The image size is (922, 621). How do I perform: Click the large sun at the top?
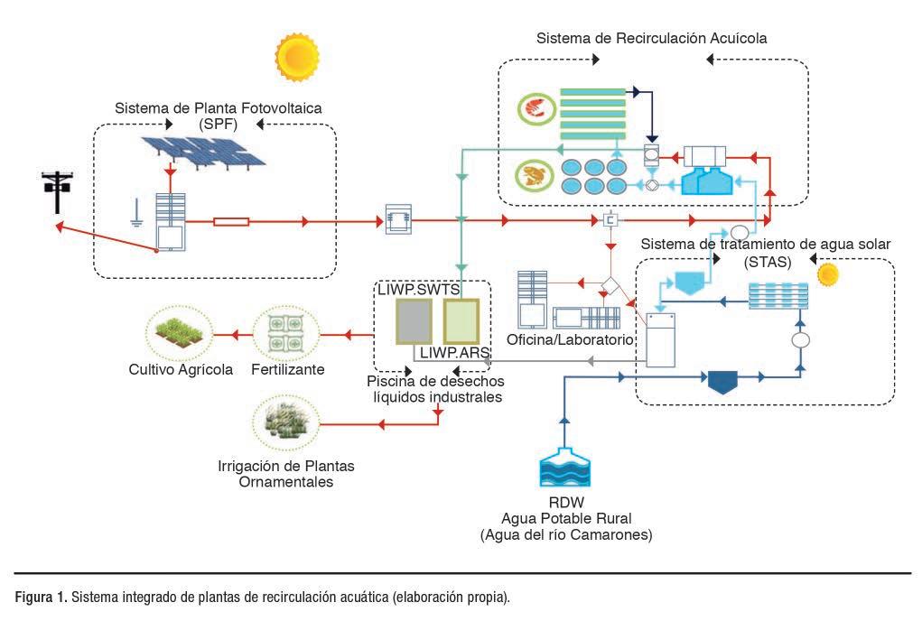297,56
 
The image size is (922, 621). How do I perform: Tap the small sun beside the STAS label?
827,273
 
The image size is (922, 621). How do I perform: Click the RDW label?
565,504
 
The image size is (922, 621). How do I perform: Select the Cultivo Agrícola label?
181,369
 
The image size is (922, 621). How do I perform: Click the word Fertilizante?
288,369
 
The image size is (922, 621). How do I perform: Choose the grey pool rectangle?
414,321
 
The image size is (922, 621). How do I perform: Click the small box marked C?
610,220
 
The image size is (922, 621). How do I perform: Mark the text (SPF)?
218,124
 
